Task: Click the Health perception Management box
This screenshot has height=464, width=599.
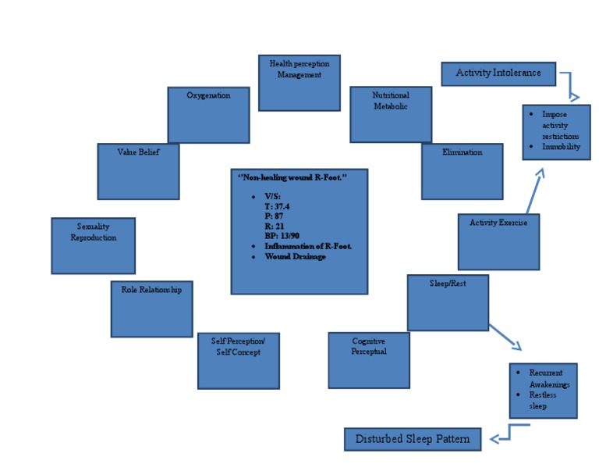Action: pyautogui.click(x=299, y=83)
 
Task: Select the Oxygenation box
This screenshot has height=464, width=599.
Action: pyautogui.click(x=208, y=115)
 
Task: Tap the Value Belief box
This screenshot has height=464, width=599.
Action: pyautogui.click(x=138, y=171)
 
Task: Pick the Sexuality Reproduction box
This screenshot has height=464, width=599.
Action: pyautogui.click(x=93, y=245)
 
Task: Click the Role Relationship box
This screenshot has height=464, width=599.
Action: pyautogui.click(x=151, y=309)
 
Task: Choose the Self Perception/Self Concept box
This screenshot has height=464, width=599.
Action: pyautogui.click(x=238, y=360)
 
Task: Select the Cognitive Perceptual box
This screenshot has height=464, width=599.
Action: pyautogui.click(x=368, y=359)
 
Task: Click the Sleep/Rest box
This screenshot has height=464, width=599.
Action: pyautogui.click(x=448, y=302)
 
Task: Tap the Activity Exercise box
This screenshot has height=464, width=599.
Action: pyautogui.click(x=498, y=241)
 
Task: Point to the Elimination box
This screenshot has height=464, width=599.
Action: pyautogui.click(x=462, y=171)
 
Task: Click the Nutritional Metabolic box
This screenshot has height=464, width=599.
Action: pyautogui.click(x=390, y=114)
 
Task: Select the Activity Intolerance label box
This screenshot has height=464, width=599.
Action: pyautogui.click(x=498, y=74)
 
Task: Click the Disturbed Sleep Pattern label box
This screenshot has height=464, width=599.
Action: pyautogui.click(x=413, y=439)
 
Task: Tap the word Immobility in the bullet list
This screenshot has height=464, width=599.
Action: pyautogui.click(x=561, y=147)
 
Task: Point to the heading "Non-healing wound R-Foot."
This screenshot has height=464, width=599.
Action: pyautogui.click(x=292, y=178)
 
